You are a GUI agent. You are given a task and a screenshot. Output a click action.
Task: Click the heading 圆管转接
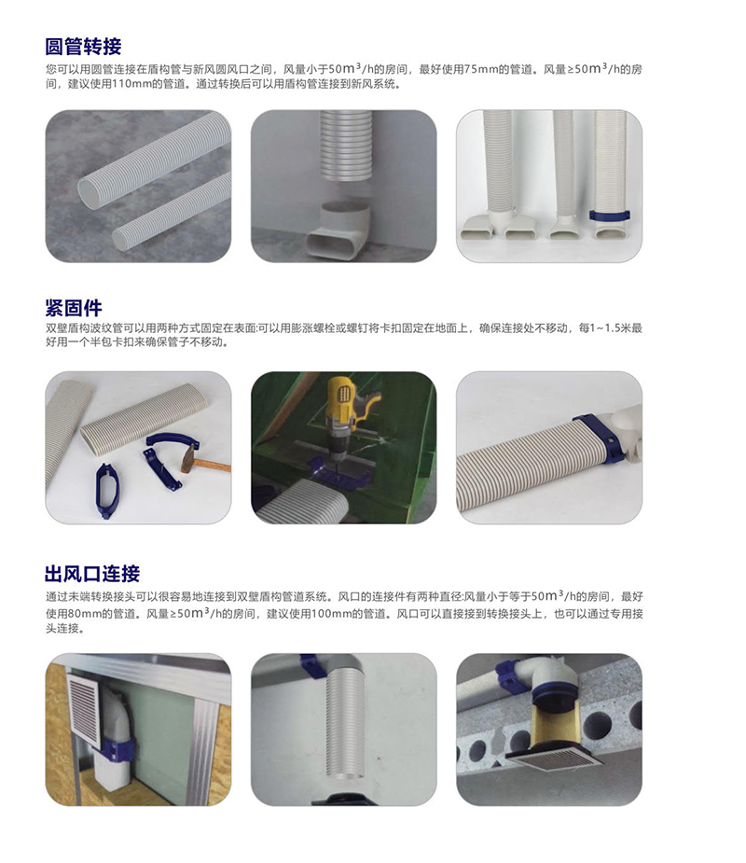pyautogui.click(x=83, y=47)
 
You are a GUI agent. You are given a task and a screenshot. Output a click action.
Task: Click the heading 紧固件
pyautogui.click(x=74, y=308)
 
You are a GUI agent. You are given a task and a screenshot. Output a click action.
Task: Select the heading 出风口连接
pyautogui.click(x=92, y=574)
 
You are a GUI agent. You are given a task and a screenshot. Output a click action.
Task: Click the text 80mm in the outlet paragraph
pyautogui.click(x=89, y=614)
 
